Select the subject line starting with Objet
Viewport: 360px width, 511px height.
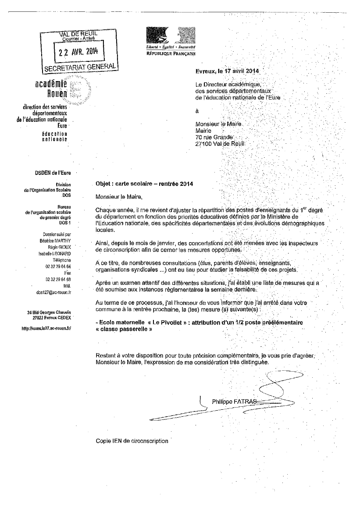coord(144,184)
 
